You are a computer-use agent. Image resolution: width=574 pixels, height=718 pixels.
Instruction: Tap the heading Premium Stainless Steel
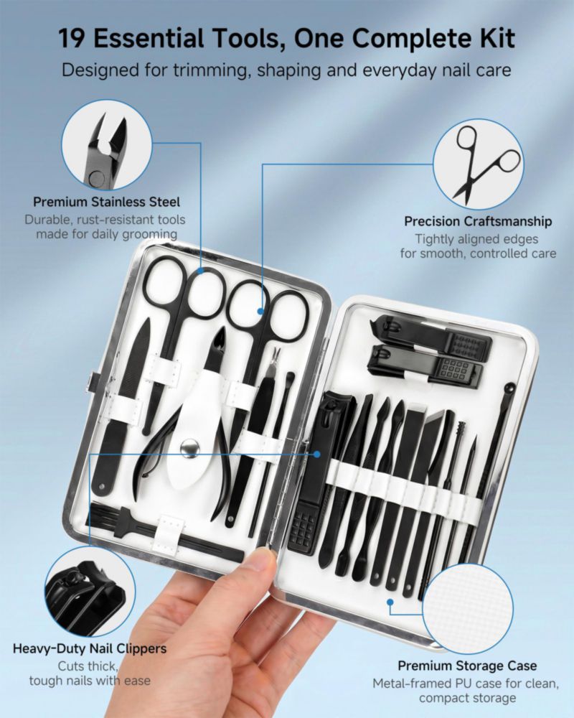[107, 202]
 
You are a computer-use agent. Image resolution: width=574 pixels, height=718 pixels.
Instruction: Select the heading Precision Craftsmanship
[478, 221]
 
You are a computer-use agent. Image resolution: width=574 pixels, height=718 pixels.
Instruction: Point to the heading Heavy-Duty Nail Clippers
[90, 648]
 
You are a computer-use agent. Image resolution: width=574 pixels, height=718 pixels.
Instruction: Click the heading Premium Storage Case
[467, 666]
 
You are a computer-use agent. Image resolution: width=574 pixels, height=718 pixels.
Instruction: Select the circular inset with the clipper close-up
[90, 591]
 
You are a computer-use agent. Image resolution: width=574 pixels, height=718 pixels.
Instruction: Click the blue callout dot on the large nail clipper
[316, 454]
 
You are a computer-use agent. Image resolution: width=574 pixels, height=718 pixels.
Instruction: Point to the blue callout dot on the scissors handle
[260, 312]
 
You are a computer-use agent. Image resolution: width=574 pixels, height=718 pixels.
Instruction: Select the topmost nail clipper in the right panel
[430, 335]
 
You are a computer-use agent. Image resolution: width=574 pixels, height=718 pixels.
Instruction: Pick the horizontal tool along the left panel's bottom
[165, 531]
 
